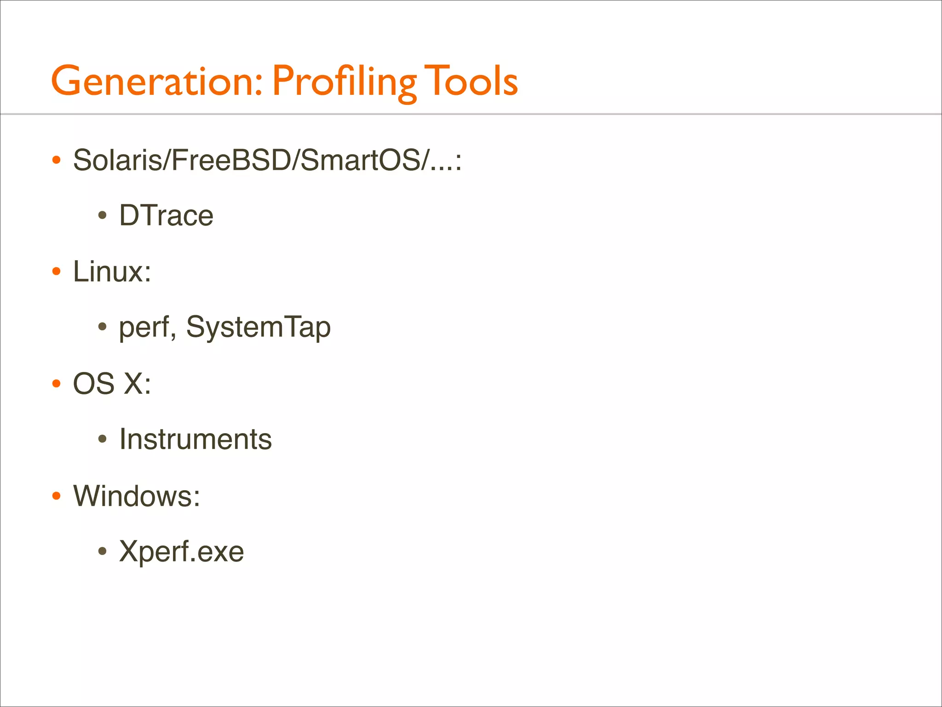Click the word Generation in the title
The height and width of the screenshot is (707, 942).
(152, 81)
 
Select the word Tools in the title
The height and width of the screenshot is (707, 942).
(471, 81)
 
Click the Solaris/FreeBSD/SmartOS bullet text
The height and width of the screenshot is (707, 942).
(267, 160)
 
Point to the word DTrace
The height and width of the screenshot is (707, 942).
(166, 215)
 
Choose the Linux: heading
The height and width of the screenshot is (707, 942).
(112, 272)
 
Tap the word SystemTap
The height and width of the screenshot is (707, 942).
(258, 328)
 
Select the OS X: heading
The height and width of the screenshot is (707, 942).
(112, 383)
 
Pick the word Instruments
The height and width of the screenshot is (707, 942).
(195, 439)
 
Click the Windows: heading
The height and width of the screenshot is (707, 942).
(137, 496)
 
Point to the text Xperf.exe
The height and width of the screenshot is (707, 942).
(181, 551)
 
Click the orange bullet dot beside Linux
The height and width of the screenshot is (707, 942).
(57, 272)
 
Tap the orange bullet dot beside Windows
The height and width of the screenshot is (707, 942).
(57, 496)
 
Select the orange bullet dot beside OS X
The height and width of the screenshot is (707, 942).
(57, 383)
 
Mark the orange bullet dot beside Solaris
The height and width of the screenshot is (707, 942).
(57, 160)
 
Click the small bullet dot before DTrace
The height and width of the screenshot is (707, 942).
(103, 215)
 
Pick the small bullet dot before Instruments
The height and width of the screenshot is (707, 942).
(103, 439)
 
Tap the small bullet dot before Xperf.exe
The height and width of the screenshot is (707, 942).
(103, 551)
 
